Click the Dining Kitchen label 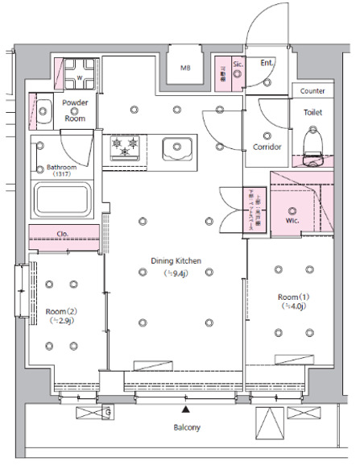tap(176, 260)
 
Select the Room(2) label tap(60, 310)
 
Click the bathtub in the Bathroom tap(64, 199)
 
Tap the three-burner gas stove tap(126, 147)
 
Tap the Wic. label tap(292, 219)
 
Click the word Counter tap(312, 92)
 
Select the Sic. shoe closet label tap(238, 63)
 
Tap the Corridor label tap(267, 147)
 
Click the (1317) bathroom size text tap(61, 174)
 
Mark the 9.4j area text tap(176, 273)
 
